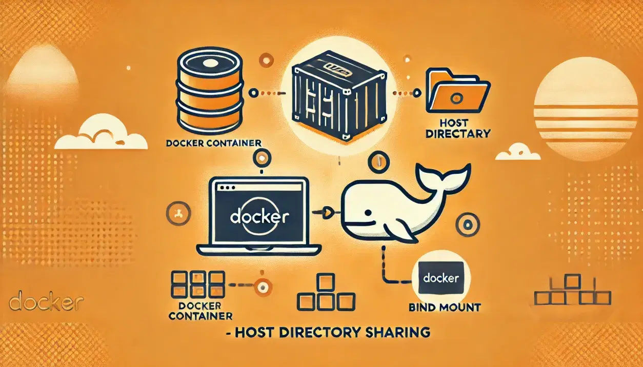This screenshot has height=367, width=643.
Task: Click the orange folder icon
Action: click(x=457, y=91)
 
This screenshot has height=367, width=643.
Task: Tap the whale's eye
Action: click(x=368, y=213)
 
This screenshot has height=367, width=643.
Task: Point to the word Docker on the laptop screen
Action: click(x=259, y=217)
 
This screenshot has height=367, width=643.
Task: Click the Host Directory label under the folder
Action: click(x=457, y=129)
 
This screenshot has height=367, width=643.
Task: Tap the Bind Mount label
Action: click(x=445, y=308)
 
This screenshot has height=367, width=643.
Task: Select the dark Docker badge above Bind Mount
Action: click(x=441, y=278)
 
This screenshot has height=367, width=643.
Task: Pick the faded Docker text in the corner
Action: click(x=46, y=300)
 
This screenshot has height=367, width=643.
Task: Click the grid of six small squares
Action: click(x=198, y=284)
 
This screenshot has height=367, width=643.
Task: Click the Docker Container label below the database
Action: click(x=214, y=143)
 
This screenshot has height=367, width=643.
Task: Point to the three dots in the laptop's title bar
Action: click(x=227, y=188)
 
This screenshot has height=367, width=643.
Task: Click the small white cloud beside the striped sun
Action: click(x=518, y=152)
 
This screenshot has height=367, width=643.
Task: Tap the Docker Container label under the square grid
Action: click(x=200, y=310)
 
